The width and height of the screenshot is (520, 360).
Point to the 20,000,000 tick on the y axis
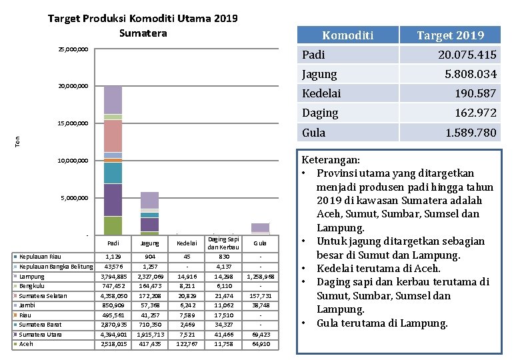click(73, 86)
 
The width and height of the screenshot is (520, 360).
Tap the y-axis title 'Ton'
click(19, 141)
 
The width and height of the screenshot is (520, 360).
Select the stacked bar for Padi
click(113, 160)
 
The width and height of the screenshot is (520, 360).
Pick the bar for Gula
click(260, 227)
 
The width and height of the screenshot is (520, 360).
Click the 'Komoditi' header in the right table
click(347, 35)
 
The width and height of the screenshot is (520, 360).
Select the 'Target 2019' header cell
click(450, 35)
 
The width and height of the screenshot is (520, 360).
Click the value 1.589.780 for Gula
click(471, 133)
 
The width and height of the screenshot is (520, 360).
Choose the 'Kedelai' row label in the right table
click(321, 93)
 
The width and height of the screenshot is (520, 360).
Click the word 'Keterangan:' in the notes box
click(331, 160)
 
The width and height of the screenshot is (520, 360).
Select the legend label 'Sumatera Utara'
click(41, 334)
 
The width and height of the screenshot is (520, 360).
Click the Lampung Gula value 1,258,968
click(260, 276)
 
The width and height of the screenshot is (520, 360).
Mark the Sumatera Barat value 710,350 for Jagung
click(151, 325)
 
